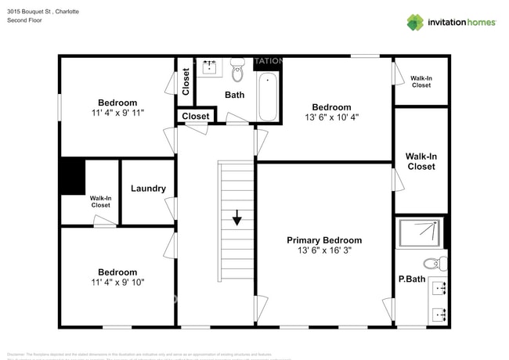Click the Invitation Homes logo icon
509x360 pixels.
(415, 22)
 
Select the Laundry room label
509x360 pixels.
(148, 189)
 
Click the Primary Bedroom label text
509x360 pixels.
(324, 240)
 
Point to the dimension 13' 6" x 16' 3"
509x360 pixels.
(324, 251)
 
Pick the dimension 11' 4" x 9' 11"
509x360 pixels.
(117, 113)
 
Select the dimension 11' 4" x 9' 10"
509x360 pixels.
(117, 282)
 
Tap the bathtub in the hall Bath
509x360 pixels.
(267, 97)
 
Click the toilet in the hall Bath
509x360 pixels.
(238, 74)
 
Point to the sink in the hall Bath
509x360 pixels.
(210, 68)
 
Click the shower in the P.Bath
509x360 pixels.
(422, 232)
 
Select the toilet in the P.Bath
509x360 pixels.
(431, 263)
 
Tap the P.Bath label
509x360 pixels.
(411, 279)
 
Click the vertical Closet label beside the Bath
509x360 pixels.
(186, 81)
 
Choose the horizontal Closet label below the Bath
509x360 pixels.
(195, 117)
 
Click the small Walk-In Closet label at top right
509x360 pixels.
(421, 81)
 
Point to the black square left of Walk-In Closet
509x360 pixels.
(72, 176)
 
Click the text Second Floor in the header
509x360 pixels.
(24, 20)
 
